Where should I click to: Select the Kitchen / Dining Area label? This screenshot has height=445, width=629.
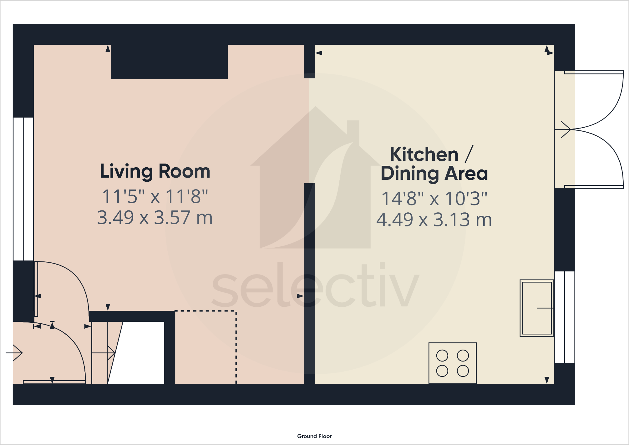pyautogui.click(x=434, y=164)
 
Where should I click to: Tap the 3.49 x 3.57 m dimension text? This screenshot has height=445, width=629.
pyautogui.click(x=155, y=218)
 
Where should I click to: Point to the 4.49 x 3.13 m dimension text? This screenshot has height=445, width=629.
pyautogui.click(x=434, y=220)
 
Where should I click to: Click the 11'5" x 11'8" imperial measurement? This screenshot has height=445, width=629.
pyautogui.click(x=155, y=196)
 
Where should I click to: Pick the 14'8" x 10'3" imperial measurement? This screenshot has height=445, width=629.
pyautogui.click(x=434, y=199)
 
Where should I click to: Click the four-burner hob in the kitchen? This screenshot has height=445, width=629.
pyautogui.click(x=452, y=363)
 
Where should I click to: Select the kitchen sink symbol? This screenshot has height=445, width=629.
pyautogui.click(x=536, y=308)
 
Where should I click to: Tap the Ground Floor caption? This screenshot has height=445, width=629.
pyautogui.click(x=314, y=436)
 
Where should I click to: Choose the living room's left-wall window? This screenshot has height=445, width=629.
pyautogui.click(x=23, y=189)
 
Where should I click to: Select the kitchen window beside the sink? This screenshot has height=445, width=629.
pyautogui.click(x=565, y=317)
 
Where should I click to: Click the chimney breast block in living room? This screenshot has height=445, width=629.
pyautogui.click(x=169, y=62)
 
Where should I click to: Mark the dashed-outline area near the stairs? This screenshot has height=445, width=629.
pyautogui.click(x=205, y=347)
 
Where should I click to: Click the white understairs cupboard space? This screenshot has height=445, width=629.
pyautogui.click(x=141, y=353)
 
